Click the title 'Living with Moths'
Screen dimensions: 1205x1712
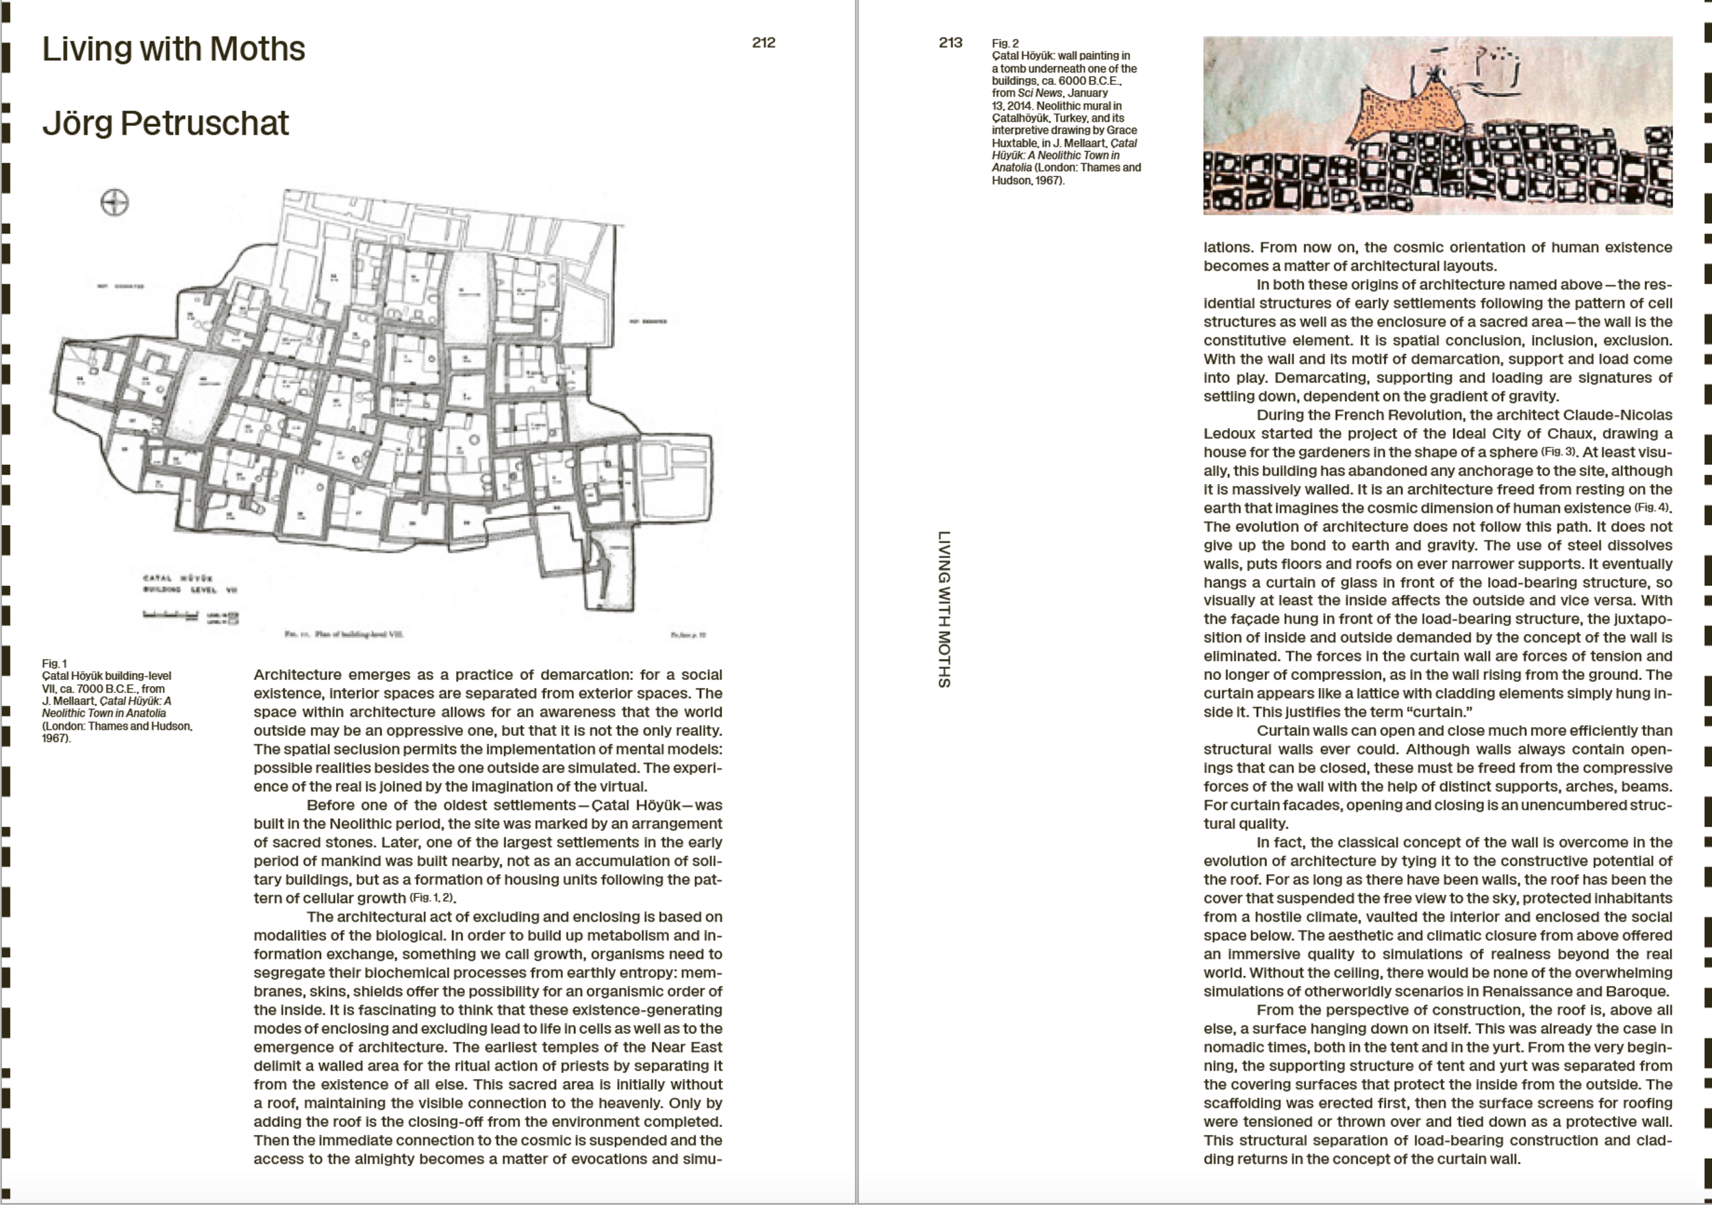[173, 49]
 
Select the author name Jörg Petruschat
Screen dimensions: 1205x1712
[165, 123]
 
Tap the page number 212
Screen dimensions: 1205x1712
[764, 42]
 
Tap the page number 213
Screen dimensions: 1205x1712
[950, 42]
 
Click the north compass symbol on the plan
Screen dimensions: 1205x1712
[114, 202]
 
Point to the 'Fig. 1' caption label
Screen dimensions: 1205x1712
[54, 663]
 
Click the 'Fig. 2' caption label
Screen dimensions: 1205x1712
[1005, 43]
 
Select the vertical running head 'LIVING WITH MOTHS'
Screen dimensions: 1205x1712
[944, 609]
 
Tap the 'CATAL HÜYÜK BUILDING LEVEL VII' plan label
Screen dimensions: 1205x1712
[190, 584]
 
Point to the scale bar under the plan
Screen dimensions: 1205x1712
[171, 616]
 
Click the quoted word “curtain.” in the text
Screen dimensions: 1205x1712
[1441, 711]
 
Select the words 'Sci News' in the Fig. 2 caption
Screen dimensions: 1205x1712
[1039, 93]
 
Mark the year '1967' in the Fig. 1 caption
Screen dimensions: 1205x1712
[55, 738]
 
